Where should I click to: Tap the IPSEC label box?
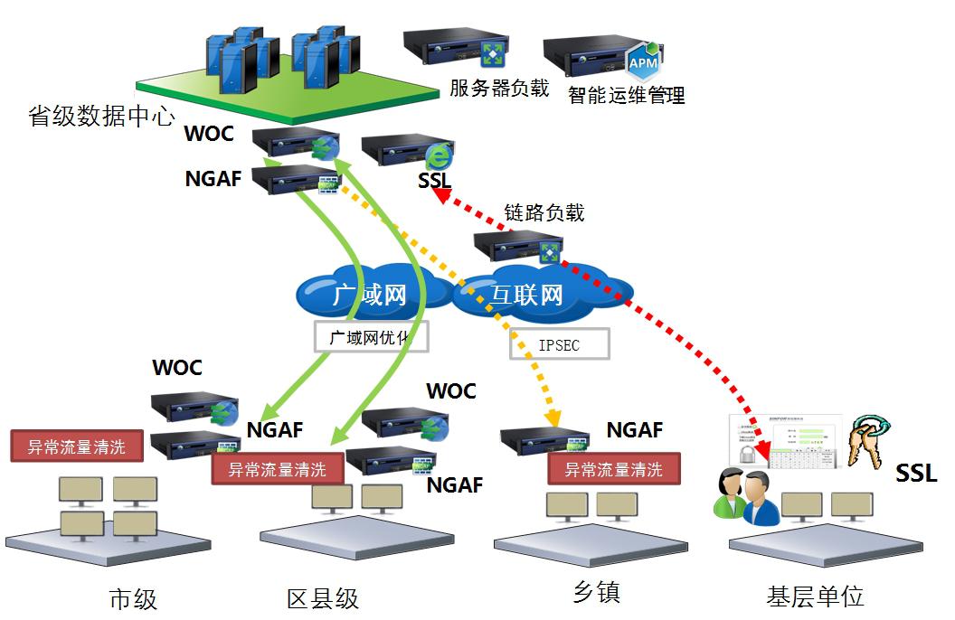coord(559,344)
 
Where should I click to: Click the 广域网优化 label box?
coord(371,336)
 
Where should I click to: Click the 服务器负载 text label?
coord(499,88)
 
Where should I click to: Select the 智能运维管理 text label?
coord(626,95)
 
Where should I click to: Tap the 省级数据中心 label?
coord(102,117)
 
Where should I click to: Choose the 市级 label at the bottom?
coord(133,597)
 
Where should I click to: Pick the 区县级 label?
coord(323,597)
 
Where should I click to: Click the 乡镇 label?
coord(597,593)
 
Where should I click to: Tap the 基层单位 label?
coord(815,596)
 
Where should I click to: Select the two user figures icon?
coord(746,496)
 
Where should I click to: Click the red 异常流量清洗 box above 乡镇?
coord(614,469)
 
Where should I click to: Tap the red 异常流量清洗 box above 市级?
coord(77,446)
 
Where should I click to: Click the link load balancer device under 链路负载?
coord(518,247)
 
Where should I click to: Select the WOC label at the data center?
coord(209,134)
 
